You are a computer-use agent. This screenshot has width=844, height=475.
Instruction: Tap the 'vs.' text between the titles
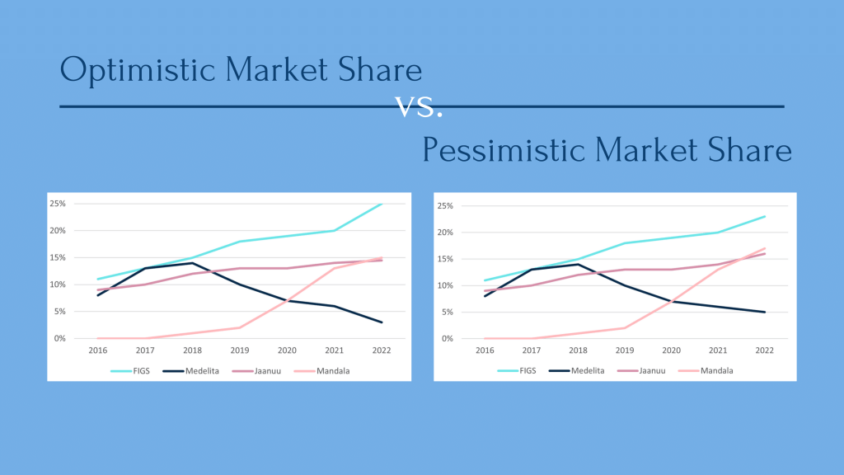(x=419, y=106)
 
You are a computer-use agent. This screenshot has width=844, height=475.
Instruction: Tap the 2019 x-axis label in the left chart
(x=239, y=350)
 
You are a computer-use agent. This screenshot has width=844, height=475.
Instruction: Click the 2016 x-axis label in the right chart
(x=485, y=350)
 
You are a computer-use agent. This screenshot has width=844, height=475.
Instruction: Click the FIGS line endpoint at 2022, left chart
(x=382, y=204)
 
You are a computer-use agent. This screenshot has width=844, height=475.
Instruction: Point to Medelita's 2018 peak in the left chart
(x=192, y=263)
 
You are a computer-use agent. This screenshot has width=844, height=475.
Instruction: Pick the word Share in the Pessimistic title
(x=749, y=151)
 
